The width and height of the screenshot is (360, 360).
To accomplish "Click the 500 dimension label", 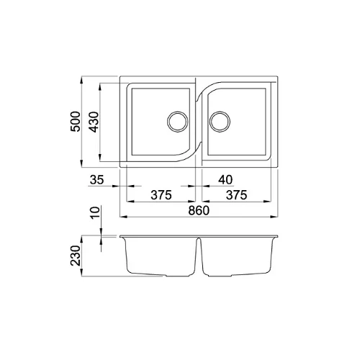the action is (75, 122).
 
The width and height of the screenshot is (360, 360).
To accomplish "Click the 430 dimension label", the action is (94, 122).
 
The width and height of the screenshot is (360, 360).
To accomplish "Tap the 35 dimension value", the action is (97, 180).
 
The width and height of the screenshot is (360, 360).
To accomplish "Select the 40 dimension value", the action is (225, 180).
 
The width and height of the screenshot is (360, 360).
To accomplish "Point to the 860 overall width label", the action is (199, 211).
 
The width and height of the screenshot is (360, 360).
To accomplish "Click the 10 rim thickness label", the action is (95, 212).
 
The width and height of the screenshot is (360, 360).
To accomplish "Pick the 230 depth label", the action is (76, 256).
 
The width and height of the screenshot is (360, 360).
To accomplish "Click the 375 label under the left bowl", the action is (161, 195).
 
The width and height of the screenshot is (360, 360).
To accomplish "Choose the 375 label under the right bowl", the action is (237, 195).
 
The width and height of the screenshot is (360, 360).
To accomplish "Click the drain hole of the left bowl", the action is (178, 121).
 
